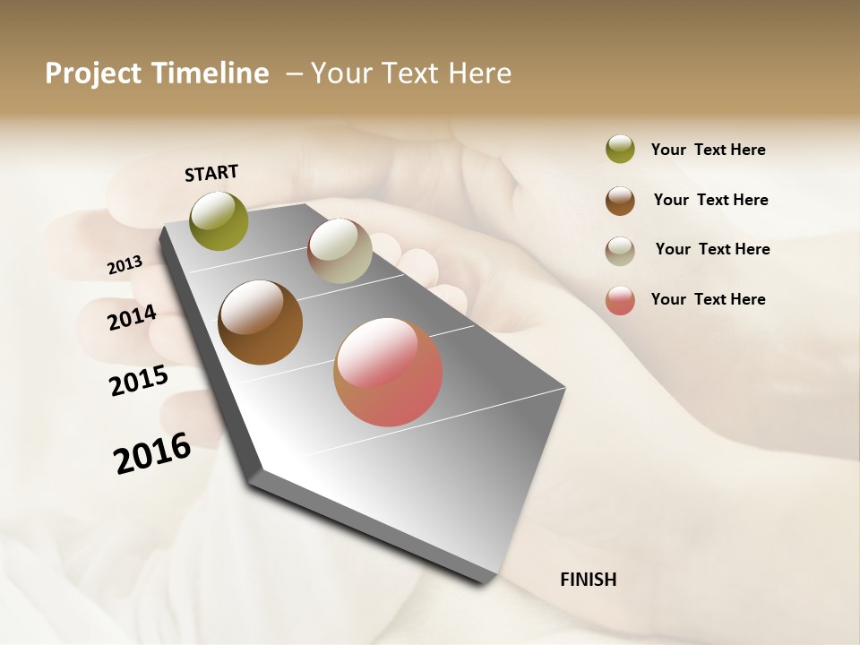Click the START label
click(211, 173)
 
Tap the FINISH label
click(588, 580)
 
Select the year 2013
click(125, 265)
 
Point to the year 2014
click(132, 317)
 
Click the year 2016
click(152, 453)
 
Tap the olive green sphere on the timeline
click(219, 220)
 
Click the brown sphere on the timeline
click(260, 322)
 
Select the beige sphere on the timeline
click(340, 252)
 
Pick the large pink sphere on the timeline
click(388, 372)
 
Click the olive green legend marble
click(620, 150)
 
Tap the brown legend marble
click(620, 201)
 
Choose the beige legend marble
click(620, 251)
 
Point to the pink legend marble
click(620, 300)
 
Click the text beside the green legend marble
click(708, 150)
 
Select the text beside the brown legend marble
click(710, 200)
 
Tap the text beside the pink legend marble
click(708, 299)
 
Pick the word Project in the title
click(92, 73)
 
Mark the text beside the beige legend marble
click(712, 249)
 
